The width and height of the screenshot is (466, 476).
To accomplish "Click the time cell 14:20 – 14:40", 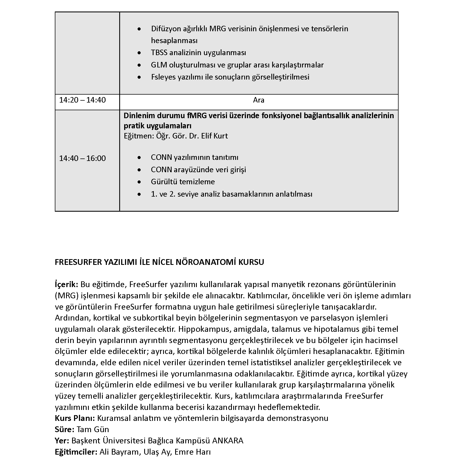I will click(x=82, y=100).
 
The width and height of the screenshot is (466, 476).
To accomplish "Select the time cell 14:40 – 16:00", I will click(x=82, y=158).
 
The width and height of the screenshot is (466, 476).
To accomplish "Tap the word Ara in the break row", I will click(x=258, y=100).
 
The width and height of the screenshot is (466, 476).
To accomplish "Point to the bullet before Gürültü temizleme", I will click(x=140, y=182).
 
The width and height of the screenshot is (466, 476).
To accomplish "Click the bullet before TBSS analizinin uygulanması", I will click(x=140, y=53).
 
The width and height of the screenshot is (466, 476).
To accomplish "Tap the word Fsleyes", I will click(x=163, y=77).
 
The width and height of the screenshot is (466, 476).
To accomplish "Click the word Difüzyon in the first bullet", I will click(x=165, y=29).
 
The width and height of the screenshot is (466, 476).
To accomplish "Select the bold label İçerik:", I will click(x=67, y=284).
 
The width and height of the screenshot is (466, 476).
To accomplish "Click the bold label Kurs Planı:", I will click(x=75, y=418).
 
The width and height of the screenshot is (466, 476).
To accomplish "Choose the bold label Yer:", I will click(x=62, y=441).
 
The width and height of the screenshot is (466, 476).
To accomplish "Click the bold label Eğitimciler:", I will click(x=76, y=452).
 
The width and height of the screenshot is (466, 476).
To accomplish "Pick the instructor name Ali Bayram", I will click(x=119, y=452).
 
